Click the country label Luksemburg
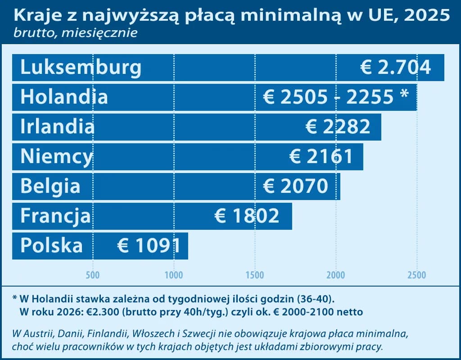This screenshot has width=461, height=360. pos(81,68)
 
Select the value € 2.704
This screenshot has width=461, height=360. pos(396,68)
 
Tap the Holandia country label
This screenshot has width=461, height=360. pos(64,97)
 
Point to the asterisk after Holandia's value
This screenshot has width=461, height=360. pos(404,96)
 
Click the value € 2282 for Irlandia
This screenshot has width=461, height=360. pos(338,127)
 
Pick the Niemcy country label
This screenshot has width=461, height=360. pos(57,157)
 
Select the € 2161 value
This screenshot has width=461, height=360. pos(321,157)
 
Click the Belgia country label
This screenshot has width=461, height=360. pos(50,186)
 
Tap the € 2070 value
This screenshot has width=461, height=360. pos(295,186)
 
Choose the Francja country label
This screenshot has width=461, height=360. pos(55,216)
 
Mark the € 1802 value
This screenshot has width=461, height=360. pos(247,216)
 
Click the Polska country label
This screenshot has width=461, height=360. pos(52,246)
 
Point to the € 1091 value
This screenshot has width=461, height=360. pos(149,246)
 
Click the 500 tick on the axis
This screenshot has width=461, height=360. pos(93,274)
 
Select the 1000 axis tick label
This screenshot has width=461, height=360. pos(174,274)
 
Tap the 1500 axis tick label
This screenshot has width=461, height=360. pos(255,274)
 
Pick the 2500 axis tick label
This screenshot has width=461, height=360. pos(417,274)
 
